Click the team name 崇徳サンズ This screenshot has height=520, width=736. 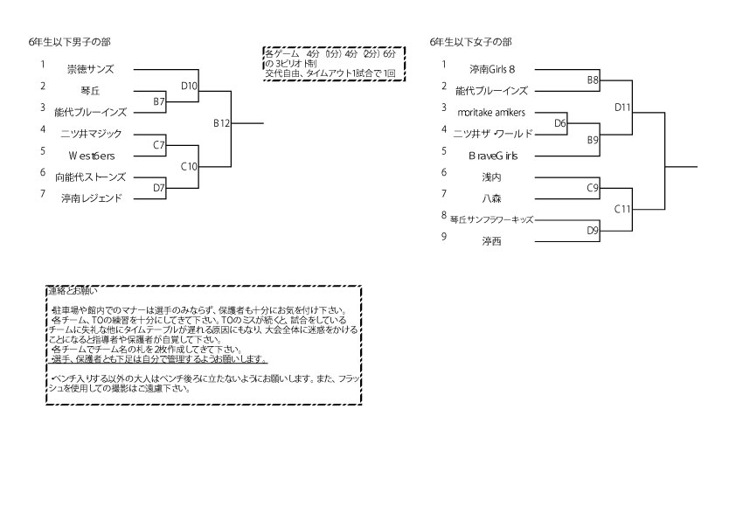point(90,68)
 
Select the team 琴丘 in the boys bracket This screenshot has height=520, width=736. point(90,90)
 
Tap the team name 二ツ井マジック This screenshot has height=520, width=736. point(91,134)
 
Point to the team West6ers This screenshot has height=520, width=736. point(90,156)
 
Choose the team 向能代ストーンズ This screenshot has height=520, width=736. point(91,177)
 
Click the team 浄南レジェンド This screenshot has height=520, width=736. point(91,199)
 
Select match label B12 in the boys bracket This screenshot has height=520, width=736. point(221,123)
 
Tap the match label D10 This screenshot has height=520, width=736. point(189,86)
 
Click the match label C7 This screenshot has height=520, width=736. point(159,145)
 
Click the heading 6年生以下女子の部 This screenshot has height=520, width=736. point(471,42)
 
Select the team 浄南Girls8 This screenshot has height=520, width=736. point(492,68)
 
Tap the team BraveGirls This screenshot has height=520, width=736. point(493,156)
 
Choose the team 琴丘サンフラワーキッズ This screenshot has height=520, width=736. point(491,220)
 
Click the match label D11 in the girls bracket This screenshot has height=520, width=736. point(622,107)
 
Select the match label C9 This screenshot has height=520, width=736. point(593,188)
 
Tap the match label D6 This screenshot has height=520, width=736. point(561,123)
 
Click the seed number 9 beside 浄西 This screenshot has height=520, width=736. point(444,236)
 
